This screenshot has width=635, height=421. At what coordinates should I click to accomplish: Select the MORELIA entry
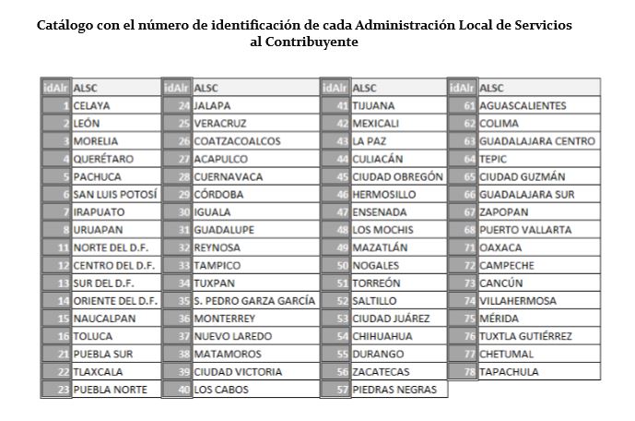tap(96, 141)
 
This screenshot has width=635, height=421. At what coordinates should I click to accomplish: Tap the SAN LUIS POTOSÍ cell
tap(115, 195)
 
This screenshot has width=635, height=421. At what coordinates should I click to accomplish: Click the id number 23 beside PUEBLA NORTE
tap(63, 390)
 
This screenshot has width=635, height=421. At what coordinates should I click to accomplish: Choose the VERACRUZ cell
tap(220, 124)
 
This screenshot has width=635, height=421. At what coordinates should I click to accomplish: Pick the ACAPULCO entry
tap(220, 159)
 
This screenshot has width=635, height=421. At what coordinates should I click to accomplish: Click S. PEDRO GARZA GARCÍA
tap(254, 301)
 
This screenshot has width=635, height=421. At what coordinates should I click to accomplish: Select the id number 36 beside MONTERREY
tap(183, 319)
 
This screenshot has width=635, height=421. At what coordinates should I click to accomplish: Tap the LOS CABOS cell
tap(221, 390)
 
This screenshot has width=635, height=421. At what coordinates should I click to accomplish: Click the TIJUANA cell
tap(374, 106)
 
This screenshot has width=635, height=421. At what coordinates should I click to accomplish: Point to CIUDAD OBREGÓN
tap(397, 176)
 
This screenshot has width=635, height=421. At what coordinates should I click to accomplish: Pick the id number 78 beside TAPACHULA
tap(469, 372)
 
